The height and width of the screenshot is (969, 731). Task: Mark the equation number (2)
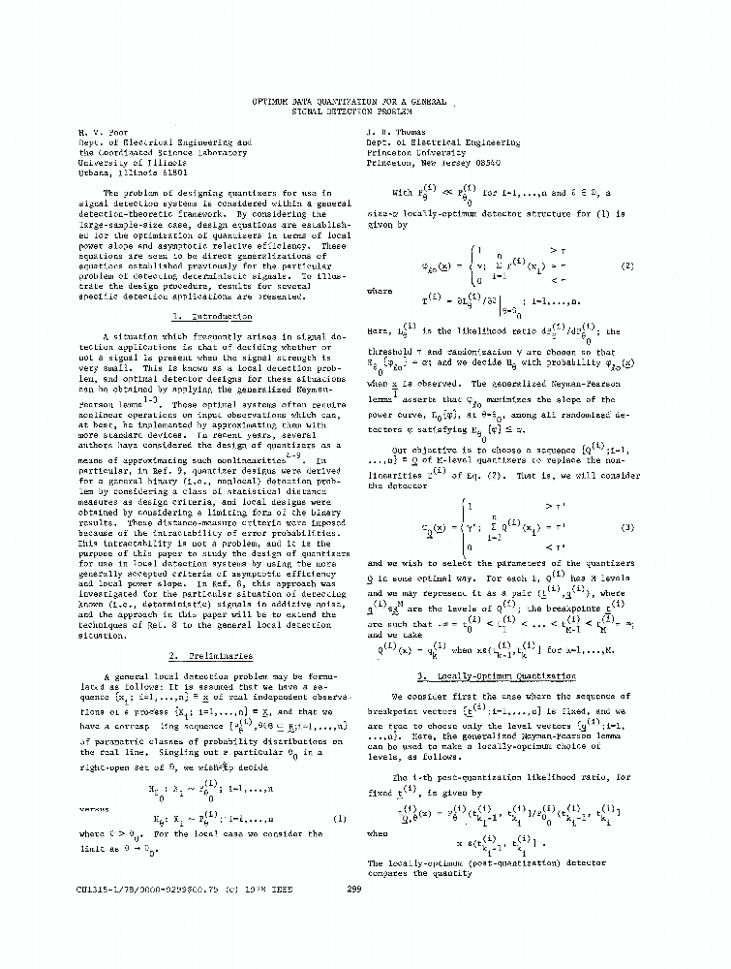[626, 266]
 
